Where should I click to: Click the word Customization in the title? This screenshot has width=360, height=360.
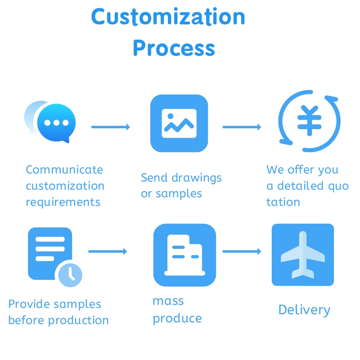pyautogui.click(x=168, y=18)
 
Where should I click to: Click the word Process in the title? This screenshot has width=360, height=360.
pyautogui.click(x=174, y=48)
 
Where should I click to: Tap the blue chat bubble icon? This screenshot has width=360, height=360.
pyautogui.click(x=57, y=123)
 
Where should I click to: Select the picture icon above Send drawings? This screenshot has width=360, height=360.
pyautogui.click(x=179, y=123)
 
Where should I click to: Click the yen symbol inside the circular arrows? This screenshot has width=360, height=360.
pyautogui.click(x=309, y=121)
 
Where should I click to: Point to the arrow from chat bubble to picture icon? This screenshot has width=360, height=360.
pyautogui.click(x=110, y=127)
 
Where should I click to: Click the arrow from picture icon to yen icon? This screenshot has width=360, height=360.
pyautogui.click(x=242, y=127)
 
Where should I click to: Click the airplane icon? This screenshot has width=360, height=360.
pyautogui.click(x=303, y=255)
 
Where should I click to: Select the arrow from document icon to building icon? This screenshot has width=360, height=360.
pyautogui.click(x=108, y=251)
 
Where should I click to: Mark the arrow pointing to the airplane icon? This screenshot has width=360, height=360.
pyautogui.click(x=242, y=251)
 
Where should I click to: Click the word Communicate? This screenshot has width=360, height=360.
pyautogui.click(x=64, y=170)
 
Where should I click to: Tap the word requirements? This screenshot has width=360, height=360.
pyautogui.click(x=63, y=202)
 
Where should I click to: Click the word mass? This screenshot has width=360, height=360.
pyautogui.click(x=168, y=301)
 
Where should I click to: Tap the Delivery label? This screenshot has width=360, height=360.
pyautogui.click(x=304, y=310)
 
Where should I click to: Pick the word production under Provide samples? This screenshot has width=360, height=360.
pyautogui.click(x=78, y=321)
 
